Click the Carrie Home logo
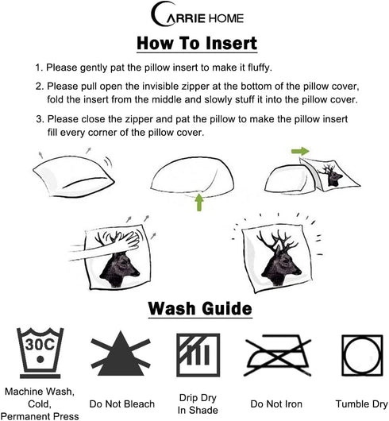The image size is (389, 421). (x=198, y=14)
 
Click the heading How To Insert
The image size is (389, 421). (x=197, y=43)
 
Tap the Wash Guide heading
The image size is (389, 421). (x=200, y=308)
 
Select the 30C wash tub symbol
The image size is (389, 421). (x=40, y=352)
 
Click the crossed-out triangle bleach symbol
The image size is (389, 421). (x=121, y=353)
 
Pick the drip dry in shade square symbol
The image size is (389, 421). (x=198, y=355)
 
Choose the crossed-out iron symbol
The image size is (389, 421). (x=278, y=354)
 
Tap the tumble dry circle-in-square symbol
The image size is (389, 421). (x=362, y=355)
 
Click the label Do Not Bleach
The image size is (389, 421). (x=122, y=404)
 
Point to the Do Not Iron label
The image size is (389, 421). (x=276, y=404)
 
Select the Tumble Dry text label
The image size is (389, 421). (x=362, y=404)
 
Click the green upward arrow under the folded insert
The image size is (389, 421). (x=198, y=202)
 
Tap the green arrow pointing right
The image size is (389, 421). (x=300, y=151)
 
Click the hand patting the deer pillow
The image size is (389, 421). (x=107, y=245)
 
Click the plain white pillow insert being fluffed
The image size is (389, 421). (x=74, y=176)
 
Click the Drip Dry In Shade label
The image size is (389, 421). (x=198, y=404)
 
